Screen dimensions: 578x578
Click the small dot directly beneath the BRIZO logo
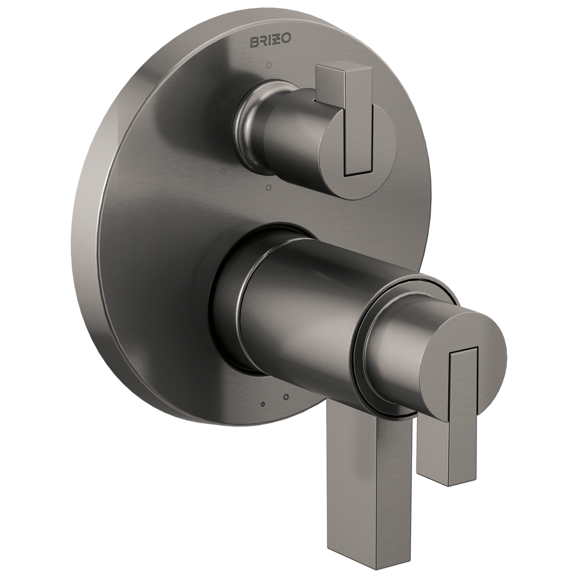click(269, 65)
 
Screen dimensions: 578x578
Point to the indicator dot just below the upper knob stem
click(268, 189)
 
